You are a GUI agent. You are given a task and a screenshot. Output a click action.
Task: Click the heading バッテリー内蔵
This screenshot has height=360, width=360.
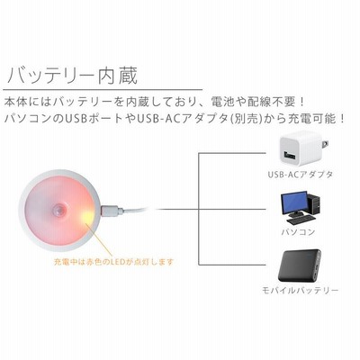[x=72, y=76]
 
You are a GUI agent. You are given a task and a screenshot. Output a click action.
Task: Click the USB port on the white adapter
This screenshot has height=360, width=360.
[x=289, y=156]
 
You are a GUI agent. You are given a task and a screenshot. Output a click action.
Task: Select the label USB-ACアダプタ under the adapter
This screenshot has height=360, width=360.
[x=301, y=175]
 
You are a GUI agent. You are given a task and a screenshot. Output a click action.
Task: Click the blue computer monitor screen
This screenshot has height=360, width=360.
[x=294, y=203]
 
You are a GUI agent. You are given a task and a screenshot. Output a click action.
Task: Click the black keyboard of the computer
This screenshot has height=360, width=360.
[x=301, y=220]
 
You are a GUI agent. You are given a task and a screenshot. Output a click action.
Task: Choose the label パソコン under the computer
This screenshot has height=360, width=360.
[x=298, y=232]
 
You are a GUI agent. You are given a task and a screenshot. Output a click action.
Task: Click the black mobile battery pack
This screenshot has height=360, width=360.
[x=300, y=266]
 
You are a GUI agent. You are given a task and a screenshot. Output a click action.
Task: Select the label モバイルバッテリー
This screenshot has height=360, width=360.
[x=301, y=291]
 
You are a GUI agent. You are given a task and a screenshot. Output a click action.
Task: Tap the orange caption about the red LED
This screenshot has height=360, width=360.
[x=113, y=262]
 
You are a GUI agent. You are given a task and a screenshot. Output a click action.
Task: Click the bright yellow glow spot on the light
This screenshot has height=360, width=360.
[x=86, y=215]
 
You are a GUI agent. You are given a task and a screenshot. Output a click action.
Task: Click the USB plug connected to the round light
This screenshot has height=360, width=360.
[x=112, y=211]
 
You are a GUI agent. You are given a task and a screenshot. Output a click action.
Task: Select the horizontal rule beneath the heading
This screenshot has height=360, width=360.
[x=103, y=90]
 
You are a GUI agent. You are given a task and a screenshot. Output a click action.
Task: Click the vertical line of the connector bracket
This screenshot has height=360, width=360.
[x=199, y=209]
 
